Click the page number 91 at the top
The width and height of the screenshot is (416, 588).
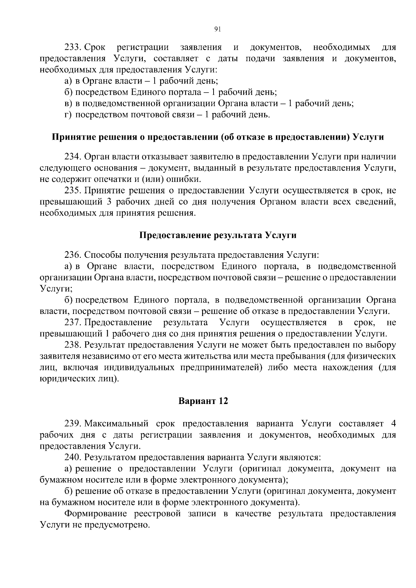[x=218, y=29]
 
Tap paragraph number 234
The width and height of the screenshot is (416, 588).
[x=73, y=157]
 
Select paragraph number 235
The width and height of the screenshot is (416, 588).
[x=73, y=190]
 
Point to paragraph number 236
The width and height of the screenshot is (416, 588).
[x=73, y=255]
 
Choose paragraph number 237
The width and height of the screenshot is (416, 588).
[x=73, y=323]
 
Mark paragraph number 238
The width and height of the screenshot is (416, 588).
[x=73, y=345]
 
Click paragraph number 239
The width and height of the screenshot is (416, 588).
[x=73, y=423]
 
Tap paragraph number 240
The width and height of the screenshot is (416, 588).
[x=73, y=457]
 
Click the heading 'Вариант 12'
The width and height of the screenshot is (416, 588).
[x=203, y=401]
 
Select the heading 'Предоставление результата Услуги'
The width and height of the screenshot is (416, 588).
[x=218, y=236]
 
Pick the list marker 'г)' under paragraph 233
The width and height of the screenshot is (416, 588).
[x=68, y=115]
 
